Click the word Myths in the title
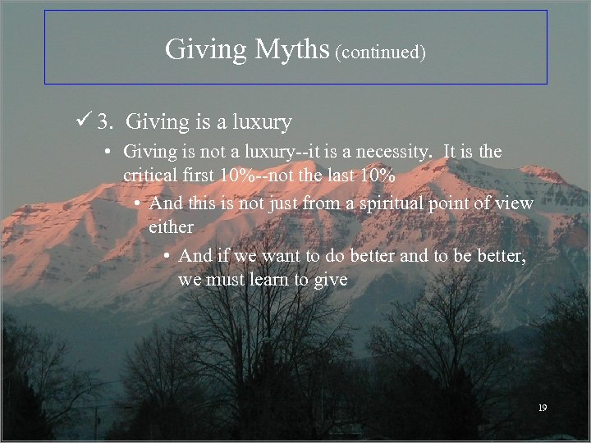click(291, 50)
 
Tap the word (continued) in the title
click(380, 53)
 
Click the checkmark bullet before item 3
click(82, 122)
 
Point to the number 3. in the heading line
click(105, 123)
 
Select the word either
click(171, 226)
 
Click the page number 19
click(541, 408)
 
